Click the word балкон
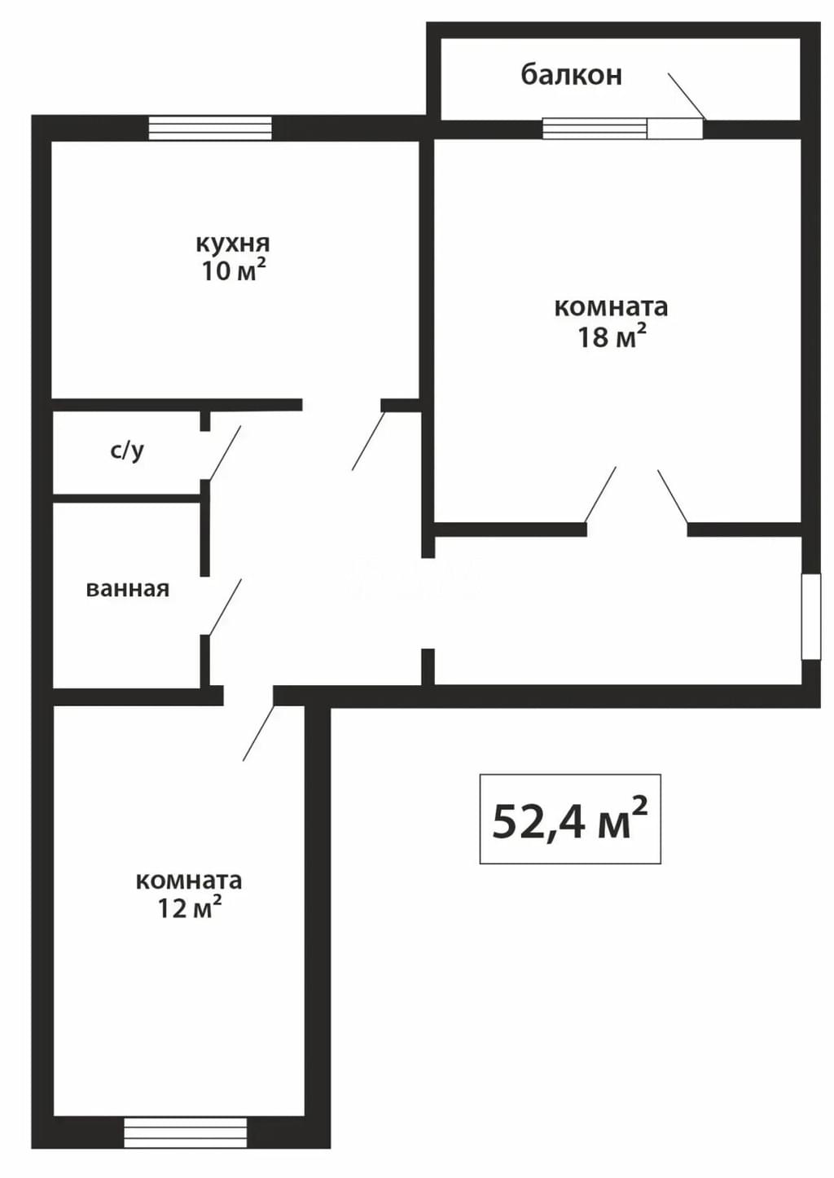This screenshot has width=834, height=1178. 572,75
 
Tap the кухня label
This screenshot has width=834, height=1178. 232,244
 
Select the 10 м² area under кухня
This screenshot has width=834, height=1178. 232,271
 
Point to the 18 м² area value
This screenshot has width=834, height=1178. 612,336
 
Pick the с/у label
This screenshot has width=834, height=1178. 127,451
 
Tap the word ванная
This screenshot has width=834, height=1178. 128,589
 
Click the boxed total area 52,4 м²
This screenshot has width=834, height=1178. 570,820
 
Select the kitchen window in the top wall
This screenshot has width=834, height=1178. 210,129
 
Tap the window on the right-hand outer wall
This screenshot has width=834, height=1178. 811,617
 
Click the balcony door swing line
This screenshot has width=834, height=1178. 687,95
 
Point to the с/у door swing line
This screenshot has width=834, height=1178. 225,453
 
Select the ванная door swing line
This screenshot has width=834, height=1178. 226,607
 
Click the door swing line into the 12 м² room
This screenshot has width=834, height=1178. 259,732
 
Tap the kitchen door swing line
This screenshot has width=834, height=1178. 368,441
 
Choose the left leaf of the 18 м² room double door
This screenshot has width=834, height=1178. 600,494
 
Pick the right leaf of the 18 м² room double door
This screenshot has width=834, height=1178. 673,496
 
